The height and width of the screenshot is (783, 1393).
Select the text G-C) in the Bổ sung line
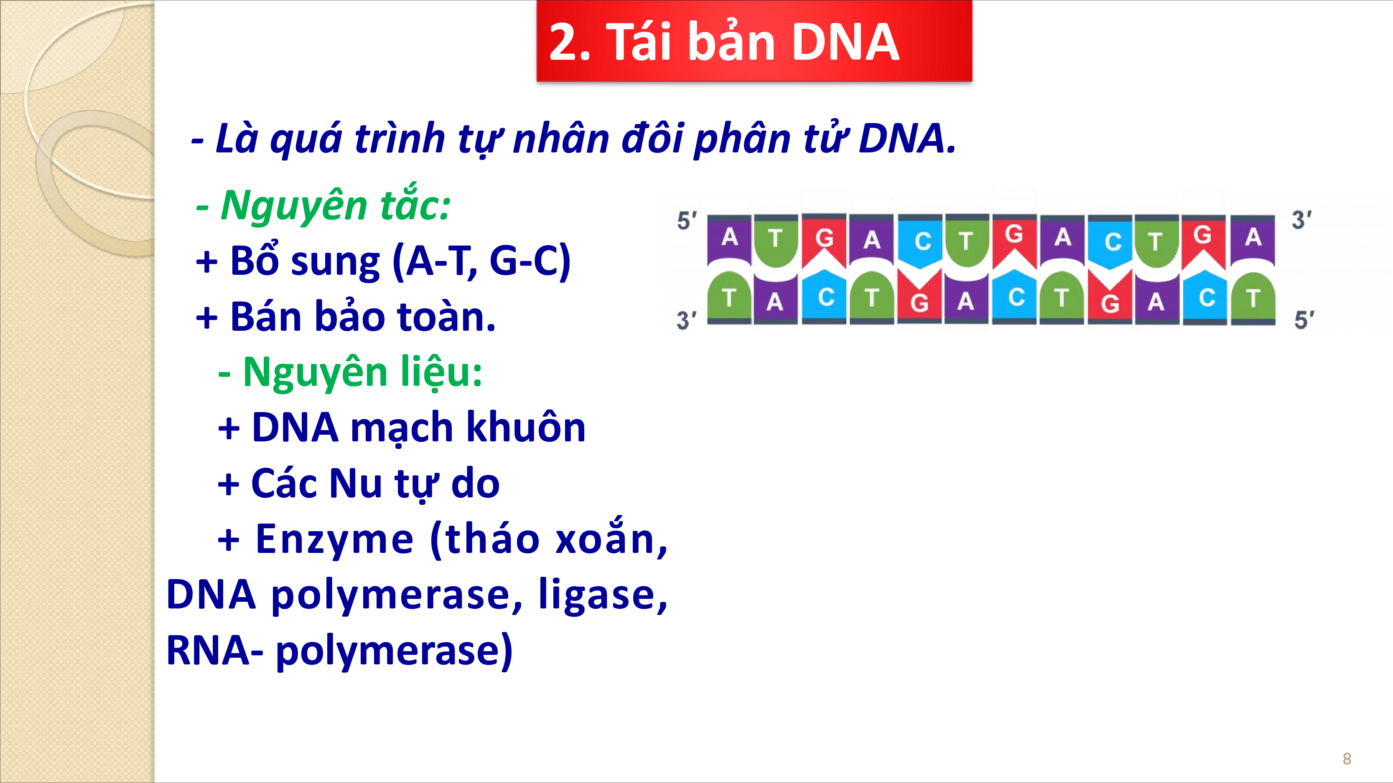530,261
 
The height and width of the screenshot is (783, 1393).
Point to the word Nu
355,483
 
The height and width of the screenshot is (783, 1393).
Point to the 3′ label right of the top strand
1301,220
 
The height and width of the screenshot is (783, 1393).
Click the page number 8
1347,759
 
